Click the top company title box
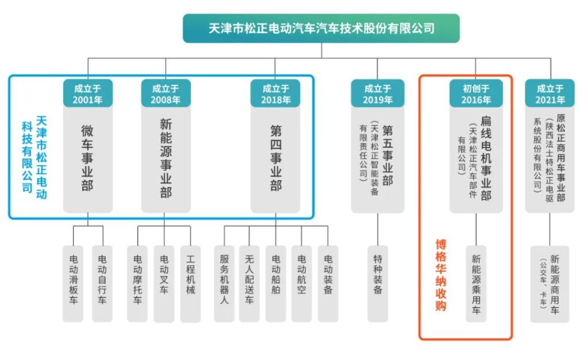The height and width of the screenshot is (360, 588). click(321, 29)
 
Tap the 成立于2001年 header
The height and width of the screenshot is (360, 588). click(88, 94)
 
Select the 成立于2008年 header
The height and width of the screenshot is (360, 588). click(166, 94)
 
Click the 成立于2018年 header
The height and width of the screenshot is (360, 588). click(275, 94)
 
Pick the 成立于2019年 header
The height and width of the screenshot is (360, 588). click(378, 94)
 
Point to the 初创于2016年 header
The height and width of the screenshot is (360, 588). click(476, 94)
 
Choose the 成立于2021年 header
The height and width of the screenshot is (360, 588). click(550, 94)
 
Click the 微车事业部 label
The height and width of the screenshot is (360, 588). click(87, 158)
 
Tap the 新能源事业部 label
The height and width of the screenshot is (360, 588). click(166, 158)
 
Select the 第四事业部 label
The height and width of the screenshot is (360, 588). click(276, 158)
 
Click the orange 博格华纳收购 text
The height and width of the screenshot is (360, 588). click(441, 275)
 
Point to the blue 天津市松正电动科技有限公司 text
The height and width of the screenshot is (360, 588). click(34, 157)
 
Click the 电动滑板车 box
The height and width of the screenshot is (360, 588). click(73, 284)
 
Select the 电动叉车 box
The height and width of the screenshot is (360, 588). click(164, 284)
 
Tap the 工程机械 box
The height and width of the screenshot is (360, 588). click(191, 284)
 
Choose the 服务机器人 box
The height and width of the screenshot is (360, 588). click(225, 284)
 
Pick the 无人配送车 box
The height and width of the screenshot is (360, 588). click(249, 284)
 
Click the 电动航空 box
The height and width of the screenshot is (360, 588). click(301, 284)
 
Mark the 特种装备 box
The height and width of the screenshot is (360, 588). click(378, 284)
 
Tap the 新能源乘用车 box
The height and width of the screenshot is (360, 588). click(476, 284)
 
